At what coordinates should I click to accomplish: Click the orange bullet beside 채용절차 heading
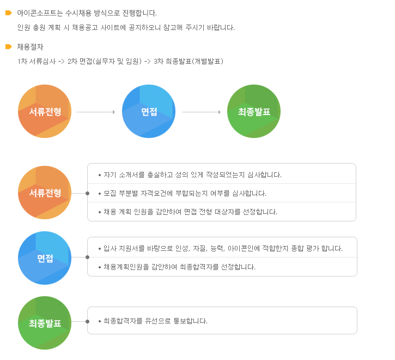click(9, 47)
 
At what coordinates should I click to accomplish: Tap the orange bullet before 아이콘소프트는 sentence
click(9, 13)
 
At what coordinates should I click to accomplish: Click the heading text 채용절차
click(30, 47)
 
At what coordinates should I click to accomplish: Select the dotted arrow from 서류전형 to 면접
click(96, 112)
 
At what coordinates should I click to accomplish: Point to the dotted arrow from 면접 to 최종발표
click(202, 112)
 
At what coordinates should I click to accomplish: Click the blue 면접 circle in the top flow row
click(149, 111)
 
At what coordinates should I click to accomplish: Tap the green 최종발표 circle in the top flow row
click(254, 111)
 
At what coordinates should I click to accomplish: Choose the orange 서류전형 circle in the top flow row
click(45, 111)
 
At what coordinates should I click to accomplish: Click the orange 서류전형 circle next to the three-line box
click(45, 193)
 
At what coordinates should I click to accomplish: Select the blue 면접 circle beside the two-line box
click(45, 258)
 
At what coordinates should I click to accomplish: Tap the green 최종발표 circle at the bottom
click(45, 323)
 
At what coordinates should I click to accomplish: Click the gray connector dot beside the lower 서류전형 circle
click(87, 193)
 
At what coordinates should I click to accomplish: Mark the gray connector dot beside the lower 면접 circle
click(87, 257)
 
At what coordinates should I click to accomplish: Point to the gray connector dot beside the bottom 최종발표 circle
click(87, 321)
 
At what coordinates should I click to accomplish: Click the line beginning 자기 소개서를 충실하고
click(192, 175)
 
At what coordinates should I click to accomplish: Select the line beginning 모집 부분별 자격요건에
click(185, 193)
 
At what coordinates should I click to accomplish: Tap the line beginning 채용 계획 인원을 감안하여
click(191, 212)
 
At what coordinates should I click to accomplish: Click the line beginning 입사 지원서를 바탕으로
click(223, 249)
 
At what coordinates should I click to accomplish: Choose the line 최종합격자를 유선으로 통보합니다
click(155, 321)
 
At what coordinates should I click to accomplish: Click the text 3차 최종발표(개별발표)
click(189, 61)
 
